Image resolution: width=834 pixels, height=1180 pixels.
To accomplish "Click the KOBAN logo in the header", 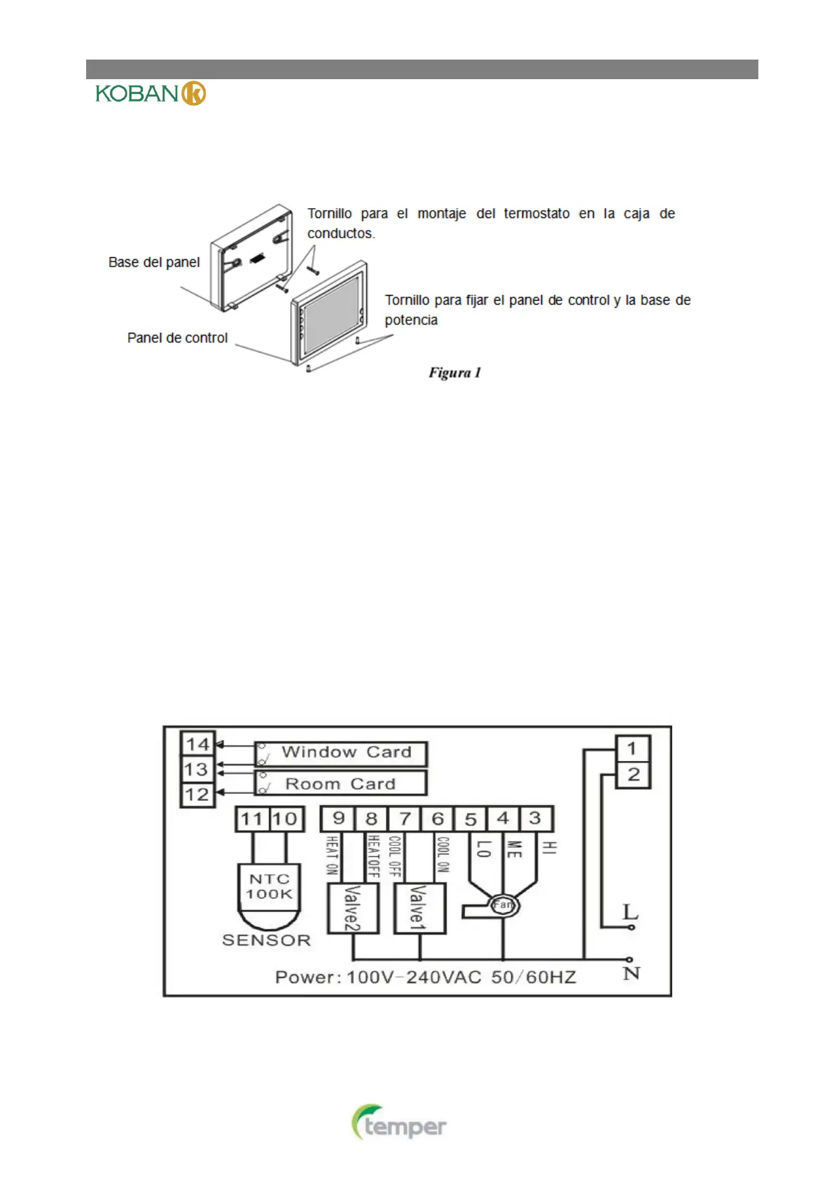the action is [151, 93].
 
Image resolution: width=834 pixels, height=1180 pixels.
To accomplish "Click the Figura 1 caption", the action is [454, 373].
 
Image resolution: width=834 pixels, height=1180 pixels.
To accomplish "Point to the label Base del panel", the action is [154, 262].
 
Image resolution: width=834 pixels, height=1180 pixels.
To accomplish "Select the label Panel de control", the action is [177, 338].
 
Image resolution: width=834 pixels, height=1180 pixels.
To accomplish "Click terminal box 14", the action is [197, 744].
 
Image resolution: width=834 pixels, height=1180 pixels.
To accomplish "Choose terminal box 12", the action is [197, 795].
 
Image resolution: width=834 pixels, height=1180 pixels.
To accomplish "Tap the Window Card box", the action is [341, 753].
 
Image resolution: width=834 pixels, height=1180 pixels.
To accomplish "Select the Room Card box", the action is [341, 783].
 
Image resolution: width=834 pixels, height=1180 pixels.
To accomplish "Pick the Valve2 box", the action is [353, 908].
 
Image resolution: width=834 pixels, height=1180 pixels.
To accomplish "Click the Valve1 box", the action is [419, 908].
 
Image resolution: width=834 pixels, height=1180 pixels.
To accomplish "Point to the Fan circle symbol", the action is [503, 905].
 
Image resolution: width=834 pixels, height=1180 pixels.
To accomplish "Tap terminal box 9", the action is [338, 818].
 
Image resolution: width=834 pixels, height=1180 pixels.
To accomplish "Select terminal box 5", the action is [471, 818].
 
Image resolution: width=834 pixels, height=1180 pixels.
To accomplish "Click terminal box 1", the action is [632, 748].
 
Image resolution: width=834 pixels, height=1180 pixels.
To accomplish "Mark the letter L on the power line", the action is [630, 912].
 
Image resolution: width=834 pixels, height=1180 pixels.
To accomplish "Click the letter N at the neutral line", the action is [631, 973].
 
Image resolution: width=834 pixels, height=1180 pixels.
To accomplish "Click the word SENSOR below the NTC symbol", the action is [266, 940].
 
